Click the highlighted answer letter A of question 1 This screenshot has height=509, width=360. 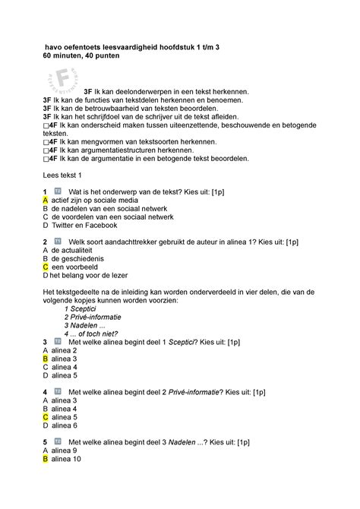(46, 199)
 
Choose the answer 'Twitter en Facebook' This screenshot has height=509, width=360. (84, 225)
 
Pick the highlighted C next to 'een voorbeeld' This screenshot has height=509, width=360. (46, 267)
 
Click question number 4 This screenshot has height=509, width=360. (46, 392)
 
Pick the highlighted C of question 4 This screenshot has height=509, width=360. (46, 417)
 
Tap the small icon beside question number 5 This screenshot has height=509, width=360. (58, 442)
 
